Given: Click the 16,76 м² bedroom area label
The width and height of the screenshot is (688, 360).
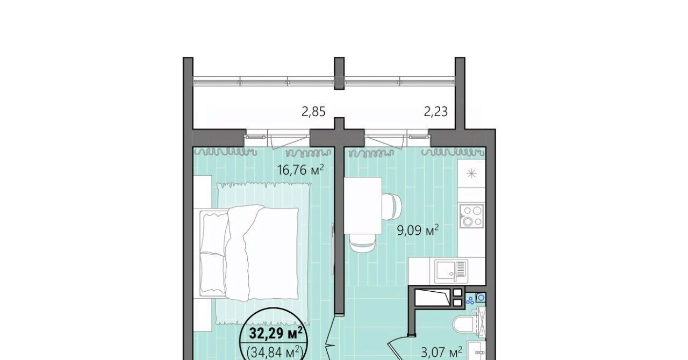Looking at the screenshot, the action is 300,170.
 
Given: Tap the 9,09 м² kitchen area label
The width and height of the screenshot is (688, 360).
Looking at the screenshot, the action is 418,231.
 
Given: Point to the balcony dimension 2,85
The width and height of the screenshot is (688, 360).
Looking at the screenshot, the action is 313,112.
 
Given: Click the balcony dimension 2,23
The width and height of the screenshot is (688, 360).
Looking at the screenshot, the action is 435,112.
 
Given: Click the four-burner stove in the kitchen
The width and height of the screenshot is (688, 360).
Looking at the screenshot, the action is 472,215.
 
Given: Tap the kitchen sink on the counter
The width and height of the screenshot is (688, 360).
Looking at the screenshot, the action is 451,271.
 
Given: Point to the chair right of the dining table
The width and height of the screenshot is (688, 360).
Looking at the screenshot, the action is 392,207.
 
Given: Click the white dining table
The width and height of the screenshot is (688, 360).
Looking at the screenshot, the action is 363,205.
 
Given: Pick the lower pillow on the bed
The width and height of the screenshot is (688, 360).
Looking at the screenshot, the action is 213,272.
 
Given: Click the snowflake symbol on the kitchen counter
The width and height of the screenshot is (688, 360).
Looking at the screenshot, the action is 471,174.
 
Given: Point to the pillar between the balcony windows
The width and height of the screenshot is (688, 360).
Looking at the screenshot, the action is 339,73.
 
